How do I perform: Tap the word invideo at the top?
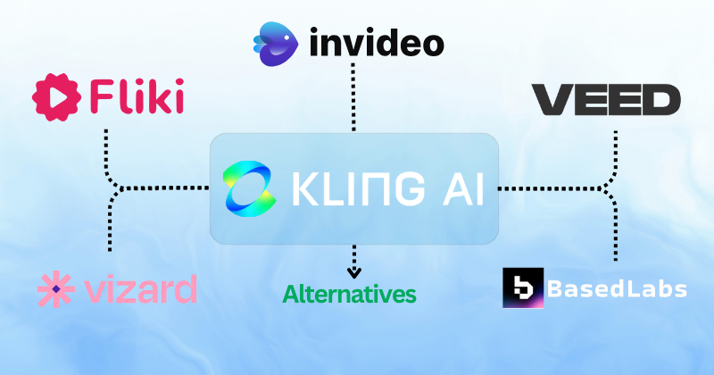click(377, 41)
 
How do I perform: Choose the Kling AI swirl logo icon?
click(253, 189)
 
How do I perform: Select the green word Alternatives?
click(350, 293)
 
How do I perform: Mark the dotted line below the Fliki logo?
click(106, 147)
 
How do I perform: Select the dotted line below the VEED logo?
click(615, 147)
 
